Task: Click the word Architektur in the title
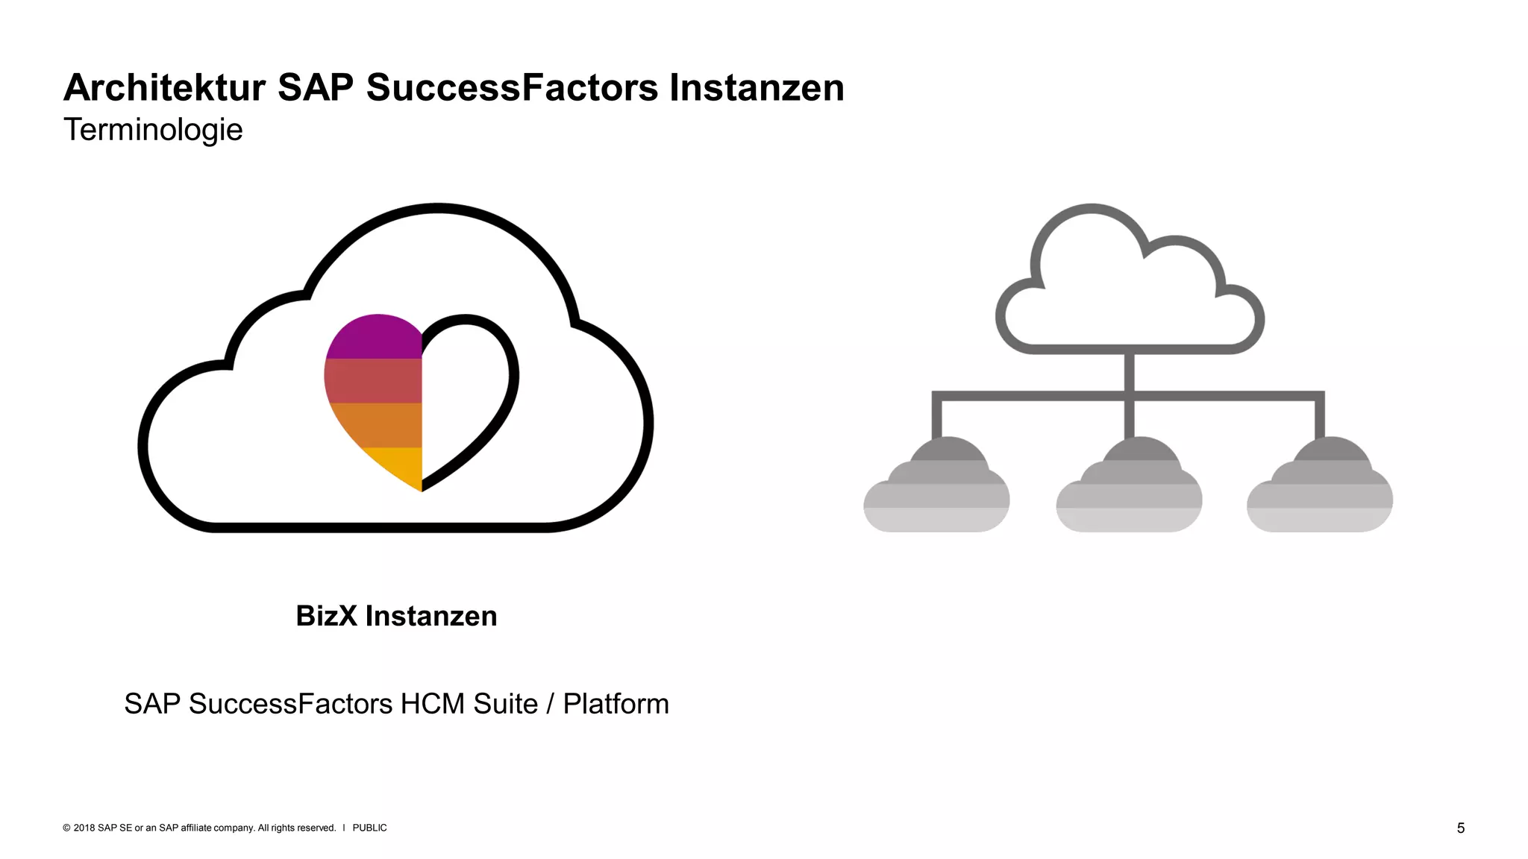tap(164, 88)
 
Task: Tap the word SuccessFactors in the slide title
tap(512, 88)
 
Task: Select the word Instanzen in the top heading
tap(757, 88)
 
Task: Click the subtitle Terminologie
tap(153, 130)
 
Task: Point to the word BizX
tap(326, 616)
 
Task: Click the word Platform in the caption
tap(616, 704)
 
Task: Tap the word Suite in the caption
tap(505, 704)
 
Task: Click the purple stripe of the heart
tap(377, 338)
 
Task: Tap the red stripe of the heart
tap(373, 380)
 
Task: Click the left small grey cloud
tap(937, 488)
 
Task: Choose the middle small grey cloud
tap(1129, 488)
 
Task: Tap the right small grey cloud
tap(1320, 488)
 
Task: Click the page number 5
tap(1461, 828)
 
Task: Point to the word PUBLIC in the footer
tap(369, 828)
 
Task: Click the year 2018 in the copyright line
tap(84, 828)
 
